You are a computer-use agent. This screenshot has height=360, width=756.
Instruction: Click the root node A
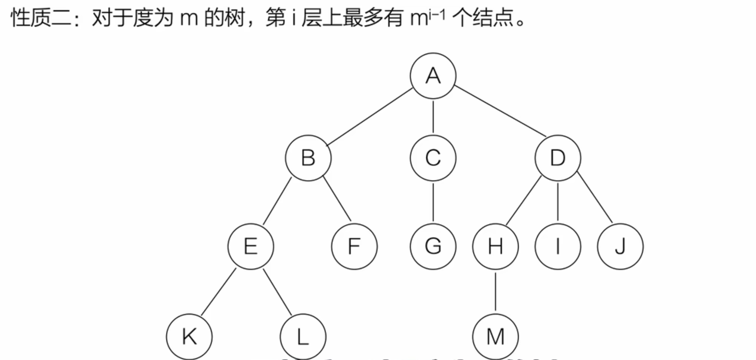pyautogui.click(x=433, y=76)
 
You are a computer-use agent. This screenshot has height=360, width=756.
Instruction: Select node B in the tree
pyautogui.click(x=308, y=158)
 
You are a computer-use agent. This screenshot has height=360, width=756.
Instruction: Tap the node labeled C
pyautogui.click(x=433, y=158)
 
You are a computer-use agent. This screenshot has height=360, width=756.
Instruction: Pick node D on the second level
pyautogui.click(x=558, y=158)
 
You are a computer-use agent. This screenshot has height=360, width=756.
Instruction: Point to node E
pyautogui.click(x=251, y=246)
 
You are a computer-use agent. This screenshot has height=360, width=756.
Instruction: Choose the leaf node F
pyautogui.click(x=354, y=246)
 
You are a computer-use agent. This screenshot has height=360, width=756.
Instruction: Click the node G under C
pyautogui.click(x=433, y=246)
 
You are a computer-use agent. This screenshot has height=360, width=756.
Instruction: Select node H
pyautogui.click(x=495, y=246)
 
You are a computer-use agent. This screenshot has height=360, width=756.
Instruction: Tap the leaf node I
pyautogui.click(x=558, y=246)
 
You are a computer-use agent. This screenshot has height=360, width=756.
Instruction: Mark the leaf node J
pyautogui.click(x=620, y=246)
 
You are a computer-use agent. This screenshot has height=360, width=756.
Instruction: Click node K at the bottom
pyautogui.click(x=189, y=337)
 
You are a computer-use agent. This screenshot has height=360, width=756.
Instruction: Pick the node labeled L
pyautogui.click(x=303, y=337)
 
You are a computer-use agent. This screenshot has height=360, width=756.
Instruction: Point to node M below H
pyautogui.click(x=495, y=337)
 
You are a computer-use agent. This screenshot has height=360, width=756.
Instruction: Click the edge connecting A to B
pyautogui.click(x=370, y=117)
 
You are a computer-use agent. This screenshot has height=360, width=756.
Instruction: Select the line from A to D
pyautogui.click(x=500, y=111)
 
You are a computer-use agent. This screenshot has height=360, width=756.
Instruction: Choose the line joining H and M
pyautogui.click(x=495, y=291)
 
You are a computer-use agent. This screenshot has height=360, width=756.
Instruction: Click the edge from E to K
pyautogui.click(x=218, y=292)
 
